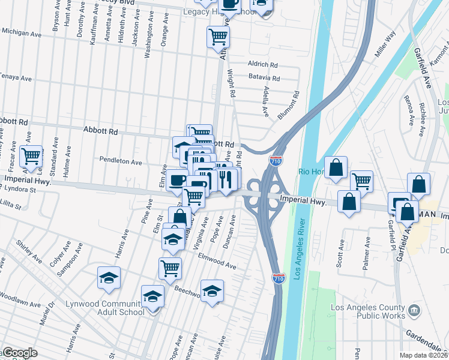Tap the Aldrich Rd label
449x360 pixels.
pos(263,64)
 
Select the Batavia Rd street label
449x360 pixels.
pos(265,78)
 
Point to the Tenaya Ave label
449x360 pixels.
pos(16,78)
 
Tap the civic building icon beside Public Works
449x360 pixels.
pos(414,311)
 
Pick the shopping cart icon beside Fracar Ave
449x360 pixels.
pos(31,157)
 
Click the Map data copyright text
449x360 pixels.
pos(424,355)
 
